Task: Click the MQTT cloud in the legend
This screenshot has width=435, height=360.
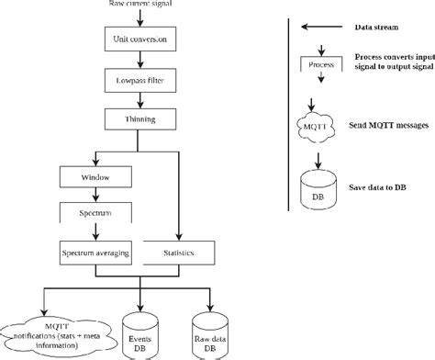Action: pos(315,123)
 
